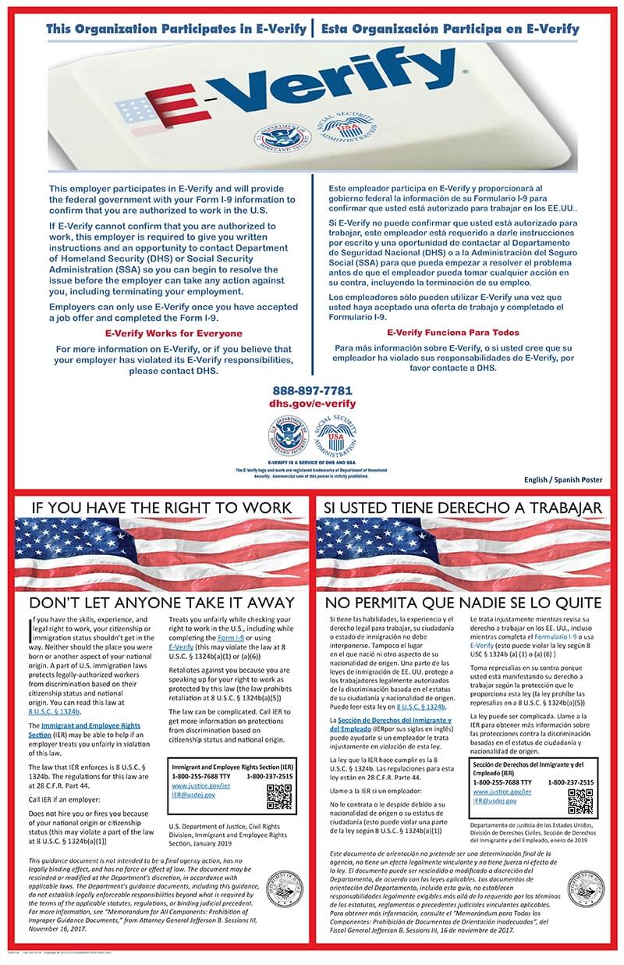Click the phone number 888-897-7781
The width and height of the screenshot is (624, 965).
click(x=312, y=390)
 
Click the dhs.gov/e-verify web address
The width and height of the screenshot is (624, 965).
click(x=312, y=404)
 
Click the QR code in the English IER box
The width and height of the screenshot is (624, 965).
click(x=278, y=796)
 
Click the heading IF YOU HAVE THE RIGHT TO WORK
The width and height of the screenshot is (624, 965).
click(x=161, y=507)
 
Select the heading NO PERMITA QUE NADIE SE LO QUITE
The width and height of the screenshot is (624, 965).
click(x=463, y=603)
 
